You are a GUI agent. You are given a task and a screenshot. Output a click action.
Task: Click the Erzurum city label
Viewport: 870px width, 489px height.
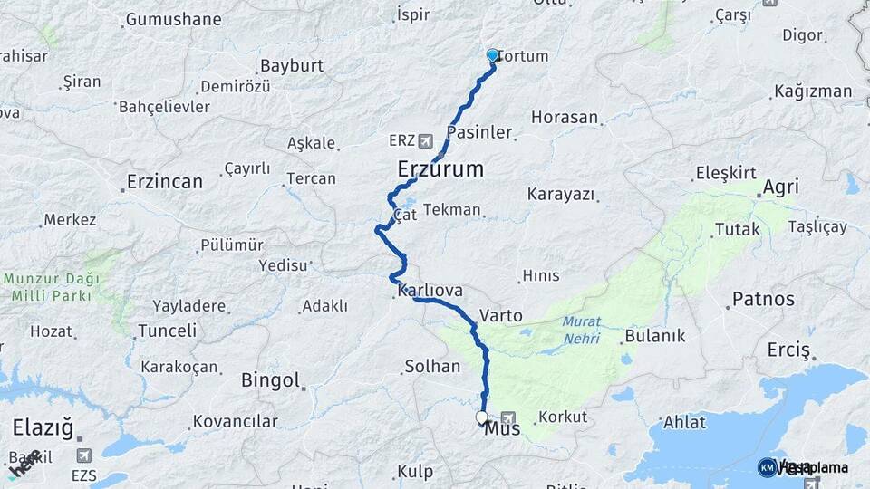(x=440, y=169)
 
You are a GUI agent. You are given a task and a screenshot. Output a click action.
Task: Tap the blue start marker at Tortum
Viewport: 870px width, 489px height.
(x=492, y=55)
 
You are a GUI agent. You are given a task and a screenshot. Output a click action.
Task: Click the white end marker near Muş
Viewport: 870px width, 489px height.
(x=481, y=417)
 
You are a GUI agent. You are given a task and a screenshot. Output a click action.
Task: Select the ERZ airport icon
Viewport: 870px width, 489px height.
(x=426, y=140)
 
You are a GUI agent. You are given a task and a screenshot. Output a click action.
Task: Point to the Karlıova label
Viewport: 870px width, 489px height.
(x=430, y=291)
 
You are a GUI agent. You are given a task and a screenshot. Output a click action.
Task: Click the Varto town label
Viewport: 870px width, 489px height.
(x=501, y=316)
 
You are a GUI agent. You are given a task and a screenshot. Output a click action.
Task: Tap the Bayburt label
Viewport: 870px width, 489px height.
(x=292, y=66)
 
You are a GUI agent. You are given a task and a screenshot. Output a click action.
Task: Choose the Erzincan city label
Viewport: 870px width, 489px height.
(x=165, y=182)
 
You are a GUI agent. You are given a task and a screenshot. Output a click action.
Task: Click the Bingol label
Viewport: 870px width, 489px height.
(x=270, y=380)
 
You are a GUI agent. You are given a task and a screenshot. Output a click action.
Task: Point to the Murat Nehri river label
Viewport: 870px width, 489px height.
(x=581, y=330)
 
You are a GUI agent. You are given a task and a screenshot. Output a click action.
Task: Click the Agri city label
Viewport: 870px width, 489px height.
(x=780, y=187)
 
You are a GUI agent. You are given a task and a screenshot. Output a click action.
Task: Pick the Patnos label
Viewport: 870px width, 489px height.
(x=763, y=299)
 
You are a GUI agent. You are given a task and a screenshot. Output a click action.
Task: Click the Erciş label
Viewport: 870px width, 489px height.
(x=788, y=350)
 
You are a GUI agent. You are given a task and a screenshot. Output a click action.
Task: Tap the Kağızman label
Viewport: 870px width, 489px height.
(x=813, y=91)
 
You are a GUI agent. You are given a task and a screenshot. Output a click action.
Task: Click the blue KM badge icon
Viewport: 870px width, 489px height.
(x=767, y=467)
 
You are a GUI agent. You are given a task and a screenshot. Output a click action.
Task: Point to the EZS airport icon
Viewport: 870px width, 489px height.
(x=84, y=455)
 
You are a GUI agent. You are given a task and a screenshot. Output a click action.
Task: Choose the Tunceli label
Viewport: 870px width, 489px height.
(x=167, y=331)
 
